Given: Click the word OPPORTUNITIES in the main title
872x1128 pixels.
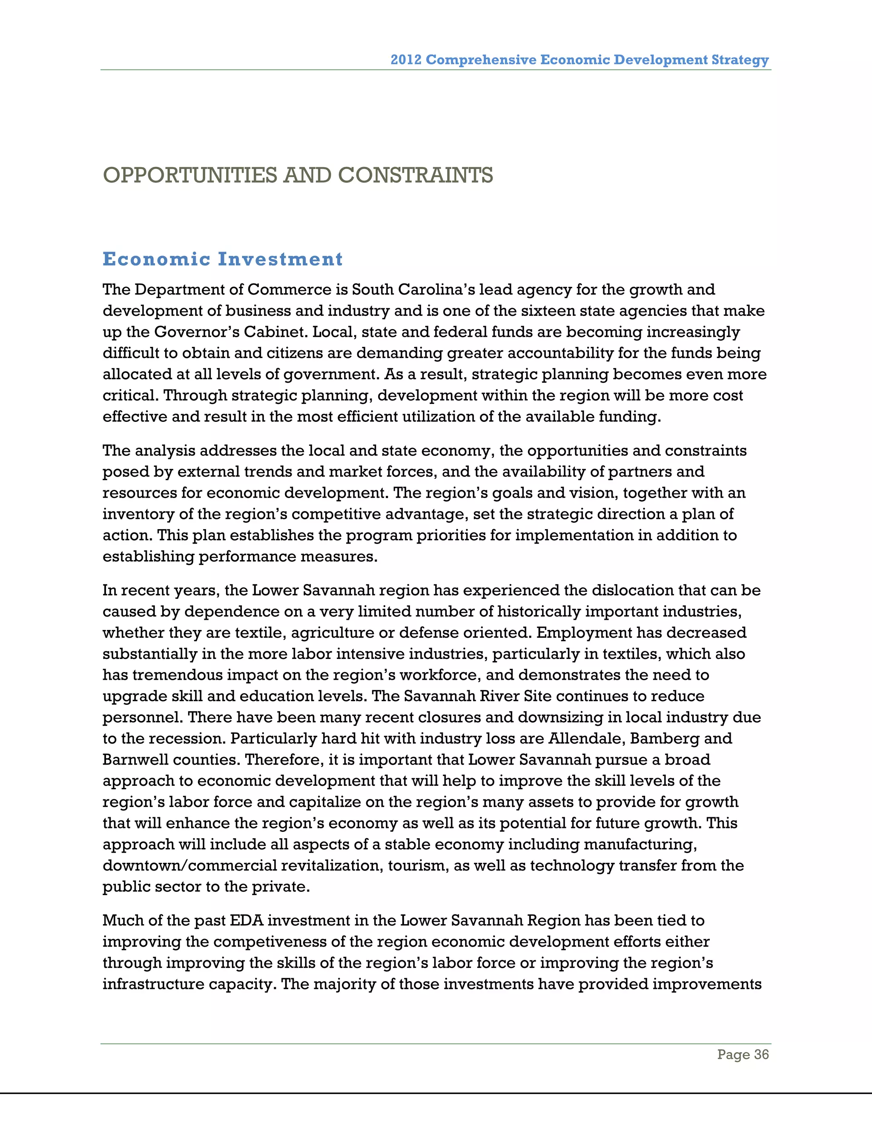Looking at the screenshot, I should (191, 176).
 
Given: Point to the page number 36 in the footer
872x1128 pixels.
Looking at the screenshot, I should (761, 1054).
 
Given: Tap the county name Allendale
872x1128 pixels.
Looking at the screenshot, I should (584, 738).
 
